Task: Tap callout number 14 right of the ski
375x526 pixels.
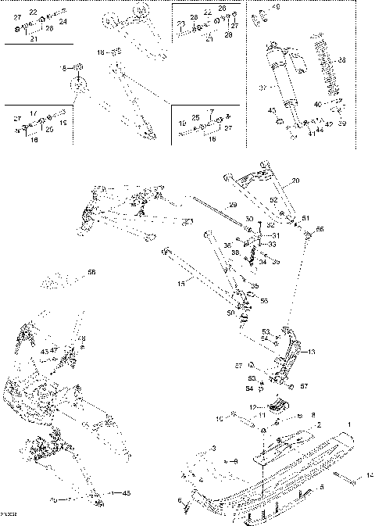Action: pyautogui.click(x=370, y=475)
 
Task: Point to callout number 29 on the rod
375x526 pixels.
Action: pyautogui.click(x=232, y=205)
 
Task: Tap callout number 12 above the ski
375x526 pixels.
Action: pyautogui.click(x=252, y=407)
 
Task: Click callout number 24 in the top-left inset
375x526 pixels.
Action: pyautogui.click(x=63, y=22)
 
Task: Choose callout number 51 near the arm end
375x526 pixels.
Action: pyautogui.click(x=306, y=218)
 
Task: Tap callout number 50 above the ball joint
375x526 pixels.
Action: pyautogui.click(x=230, y=313)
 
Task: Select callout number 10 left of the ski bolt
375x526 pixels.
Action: pyautogui.click(x=220, y=420)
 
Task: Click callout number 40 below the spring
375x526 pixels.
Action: pyautogui.click(x=317, y=104)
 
